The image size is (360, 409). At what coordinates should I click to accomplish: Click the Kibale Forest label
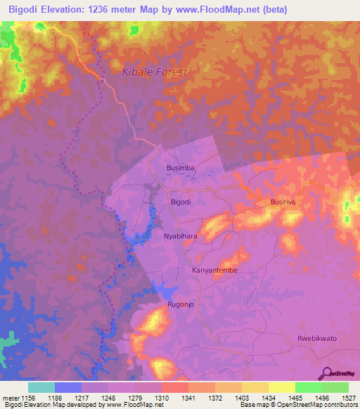point(155,72)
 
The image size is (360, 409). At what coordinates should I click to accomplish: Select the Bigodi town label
point(181,202)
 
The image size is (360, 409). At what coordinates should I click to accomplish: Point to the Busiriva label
point(285,202)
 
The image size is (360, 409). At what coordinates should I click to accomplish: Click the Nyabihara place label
point(181,237)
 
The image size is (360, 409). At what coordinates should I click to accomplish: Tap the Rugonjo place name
point(181,304)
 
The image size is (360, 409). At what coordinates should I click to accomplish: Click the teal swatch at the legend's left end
point(41,387)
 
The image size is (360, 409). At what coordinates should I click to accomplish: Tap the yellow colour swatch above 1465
point(281,387)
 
